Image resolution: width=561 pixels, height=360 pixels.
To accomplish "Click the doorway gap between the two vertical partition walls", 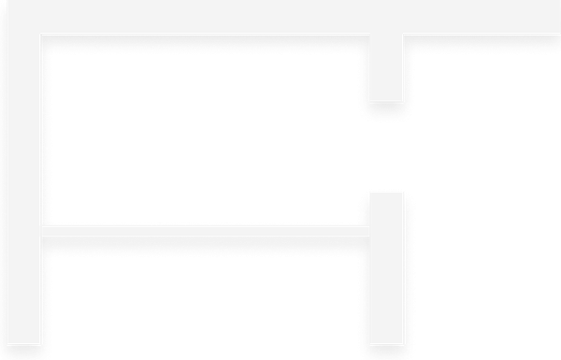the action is coord(387,146).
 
